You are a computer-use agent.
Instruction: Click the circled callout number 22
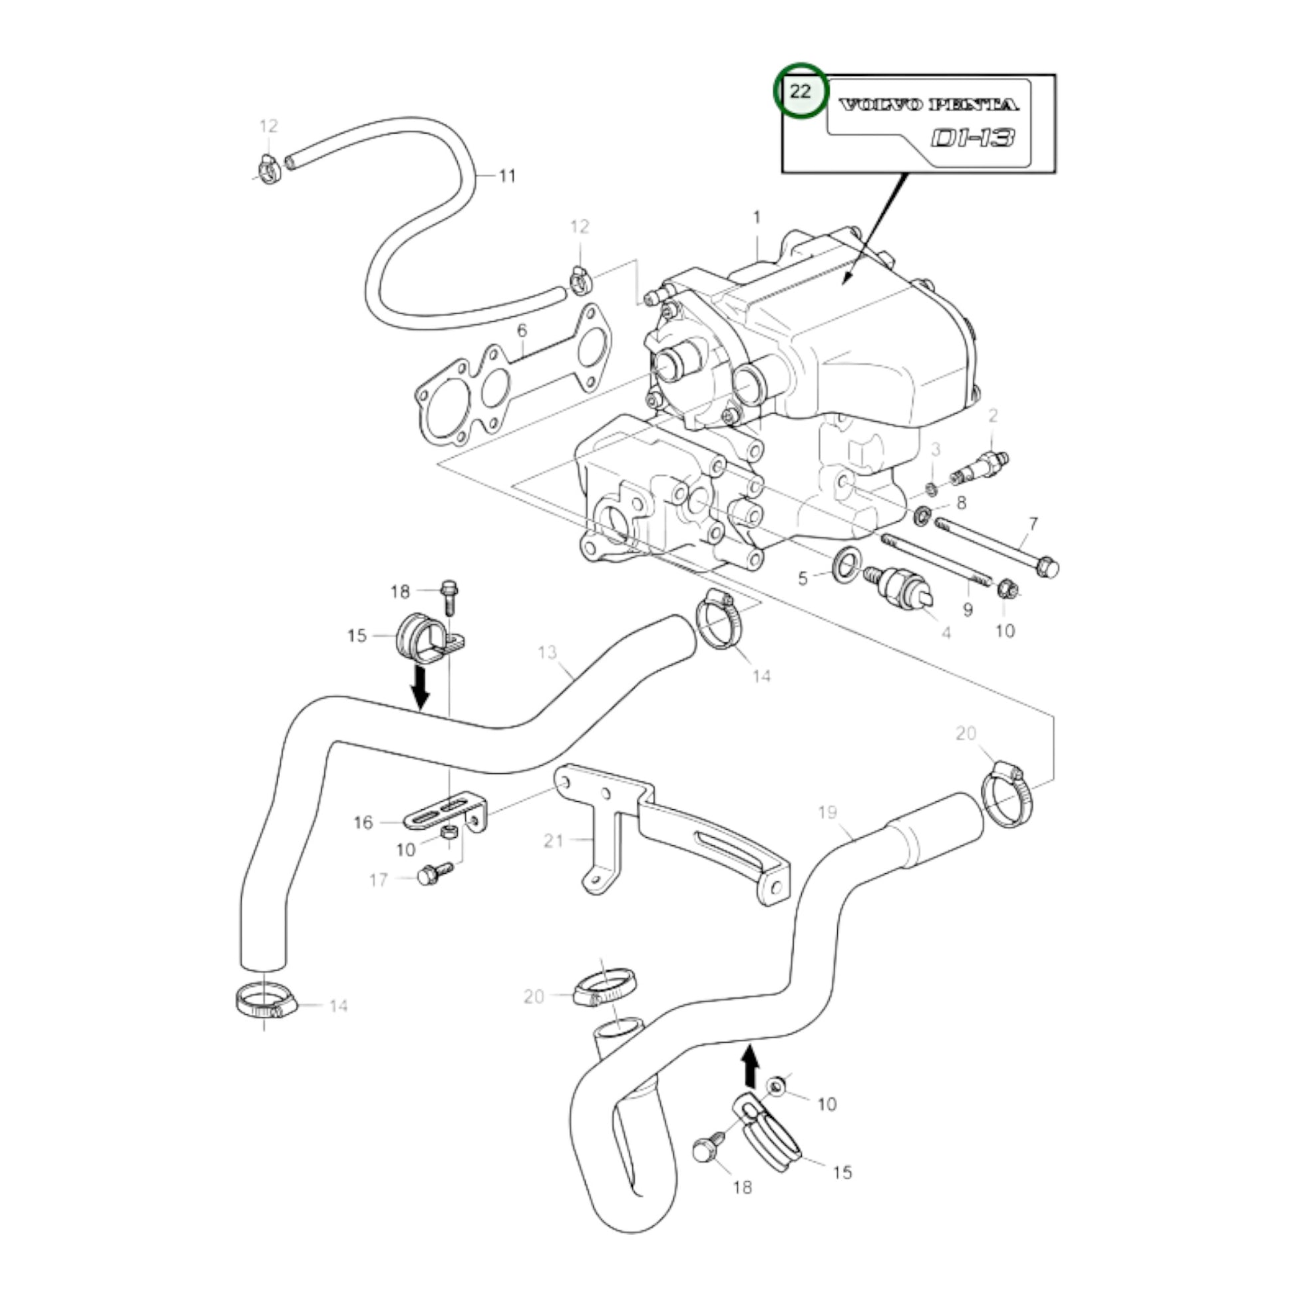tap(801, 91)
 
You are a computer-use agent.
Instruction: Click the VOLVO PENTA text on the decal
tap(928, 104)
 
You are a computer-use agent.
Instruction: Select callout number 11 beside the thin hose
tap(507, 176)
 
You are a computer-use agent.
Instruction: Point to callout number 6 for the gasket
tap(522, 331)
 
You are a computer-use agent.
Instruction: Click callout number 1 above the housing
tap(757, 217)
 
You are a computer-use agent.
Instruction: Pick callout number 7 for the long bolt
tap(1033, 524)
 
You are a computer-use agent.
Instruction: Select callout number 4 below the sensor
tap(946, 632)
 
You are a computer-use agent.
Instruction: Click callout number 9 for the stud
tap(967, 610)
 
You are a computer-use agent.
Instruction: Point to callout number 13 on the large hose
tap(547, 651)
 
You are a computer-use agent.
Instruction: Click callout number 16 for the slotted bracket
tap(363, 822)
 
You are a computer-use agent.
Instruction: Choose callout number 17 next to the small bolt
tap(379, 880)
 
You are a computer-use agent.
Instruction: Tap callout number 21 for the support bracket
tap(553, 840)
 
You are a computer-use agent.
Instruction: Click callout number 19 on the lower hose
tap(828, 813)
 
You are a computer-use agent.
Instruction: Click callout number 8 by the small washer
tap(961, 502)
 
